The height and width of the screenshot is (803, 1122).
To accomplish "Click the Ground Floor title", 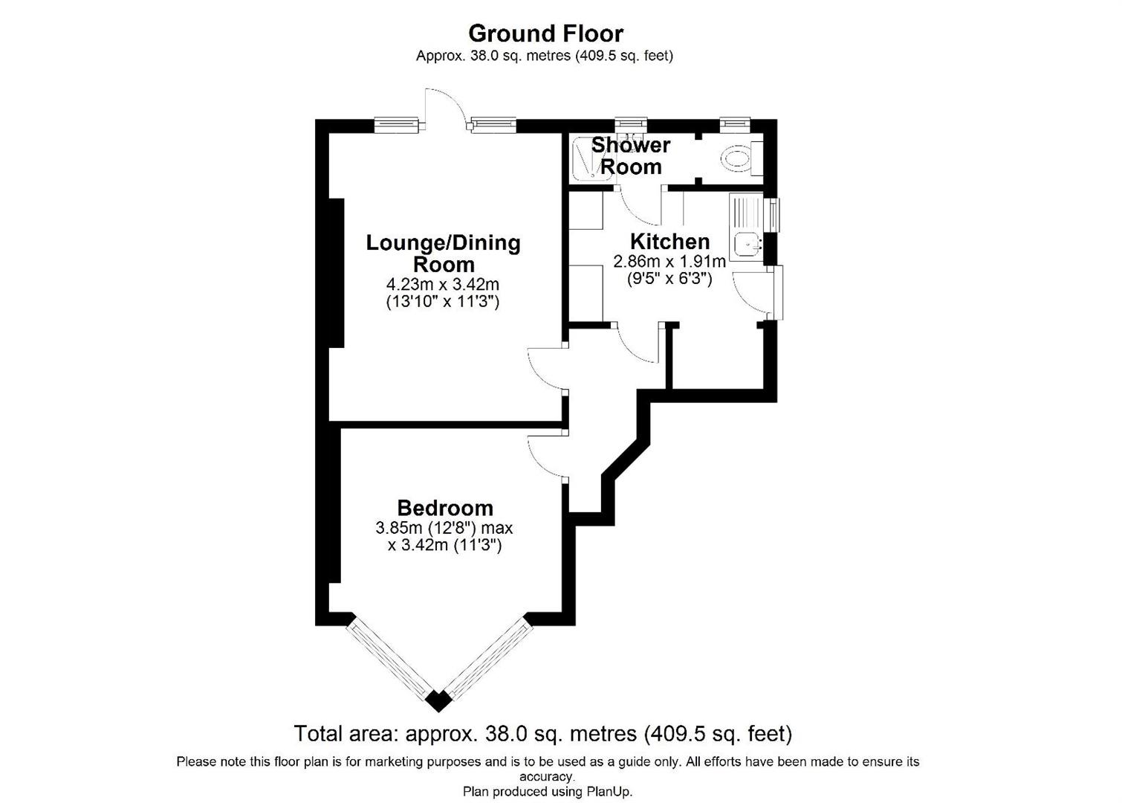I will (x=545, y=33).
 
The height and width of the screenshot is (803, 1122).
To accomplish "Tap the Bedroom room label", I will (x=445, y=508).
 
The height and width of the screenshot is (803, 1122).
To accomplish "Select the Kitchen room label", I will (x=669, y=242).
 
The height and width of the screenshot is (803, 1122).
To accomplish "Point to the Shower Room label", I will (x=631, y=156).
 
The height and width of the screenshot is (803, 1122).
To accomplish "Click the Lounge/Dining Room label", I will (x=444, y=254).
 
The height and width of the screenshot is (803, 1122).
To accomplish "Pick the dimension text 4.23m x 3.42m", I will (x=442, y=284).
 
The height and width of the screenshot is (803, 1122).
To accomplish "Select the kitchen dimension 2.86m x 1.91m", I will (x=669, y=262).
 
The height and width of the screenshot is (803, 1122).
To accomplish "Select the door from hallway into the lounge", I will (x=548, y=368).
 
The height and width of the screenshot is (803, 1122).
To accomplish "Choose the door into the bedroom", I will (x=548, y=455).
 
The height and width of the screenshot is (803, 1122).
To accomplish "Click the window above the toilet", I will (x=735, y=123).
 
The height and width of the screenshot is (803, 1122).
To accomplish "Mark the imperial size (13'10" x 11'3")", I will (x=442, y=302).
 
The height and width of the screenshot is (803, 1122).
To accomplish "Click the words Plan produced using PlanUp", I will (x=548, y=792).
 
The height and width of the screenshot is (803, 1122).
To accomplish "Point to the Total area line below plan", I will (x=543, y=734).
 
